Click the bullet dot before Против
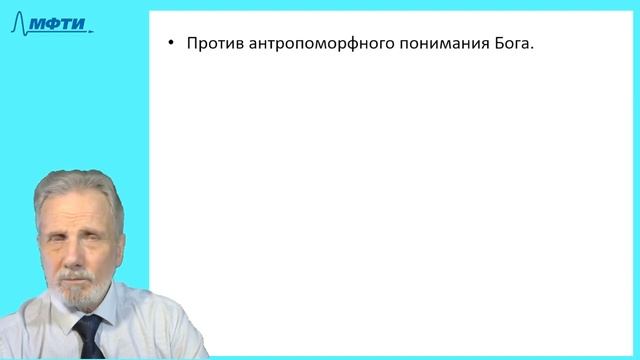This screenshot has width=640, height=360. [171, 44]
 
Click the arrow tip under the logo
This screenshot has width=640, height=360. [92, 31]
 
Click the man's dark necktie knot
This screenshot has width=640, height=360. [88, 325]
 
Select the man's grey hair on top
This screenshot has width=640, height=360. [75, 185]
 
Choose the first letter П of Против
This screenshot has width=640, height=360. [192, 44]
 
